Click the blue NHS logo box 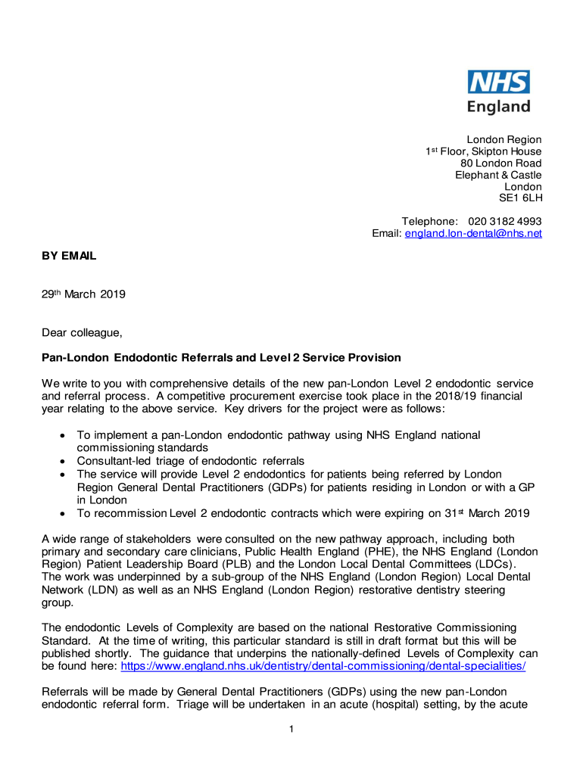[498, 82]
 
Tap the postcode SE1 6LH [520, 198]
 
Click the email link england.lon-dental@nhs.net [473, 233]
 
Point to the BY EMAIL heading [69, 256]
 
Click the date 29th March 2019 [83, 294]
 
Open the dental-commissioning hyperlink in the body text [323, 666]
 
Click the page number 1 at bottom [291, 729]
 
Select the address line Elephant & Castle [498, 175]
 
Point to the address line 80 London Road [501, 163]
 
